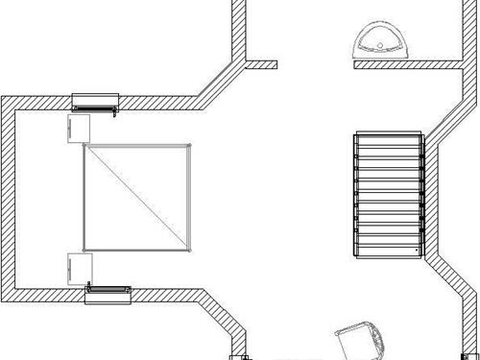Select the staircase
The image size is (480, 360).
point(388,195)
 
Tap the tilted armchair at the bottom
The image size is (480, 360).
point(360,342)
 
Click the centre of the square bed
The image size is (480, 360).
point(136,195)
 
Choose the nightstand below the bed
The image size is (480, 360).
point(78,268)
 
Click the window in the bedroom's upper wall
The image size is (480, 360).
point(96,99)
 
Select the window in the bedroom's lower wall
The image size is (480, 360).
point(108,292)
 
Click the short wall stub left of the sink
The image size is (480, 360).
point(262,65)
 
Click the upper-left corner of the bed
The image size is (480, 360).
point(85,145)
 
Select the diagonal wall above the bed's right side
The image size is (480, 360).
point(219,84)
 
